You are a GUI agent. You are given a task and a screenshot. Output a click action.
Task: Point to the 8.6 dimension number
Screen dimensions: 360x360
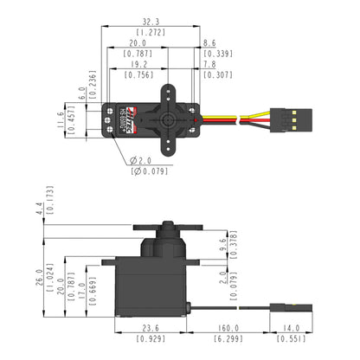click(209, 42)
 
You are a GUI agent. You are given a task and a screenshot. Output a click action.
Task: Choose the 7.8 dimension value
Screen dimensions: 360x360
click(209, 64)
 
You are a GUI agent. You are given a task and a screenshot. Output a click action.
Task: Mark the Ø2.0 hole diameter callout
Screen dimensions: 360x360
click(142, 161)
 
